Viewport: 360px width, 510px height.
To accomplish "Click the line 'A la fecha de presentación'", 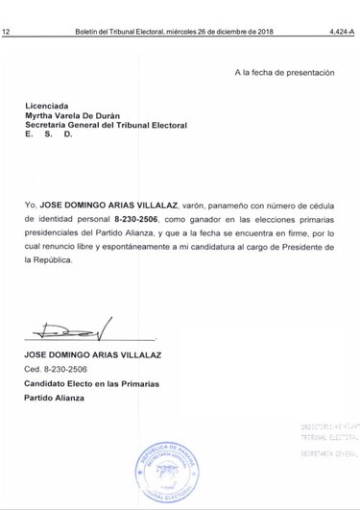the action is click(284, 72).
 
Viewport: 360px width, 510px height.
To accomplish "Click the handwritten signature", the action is click(72, 329).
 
